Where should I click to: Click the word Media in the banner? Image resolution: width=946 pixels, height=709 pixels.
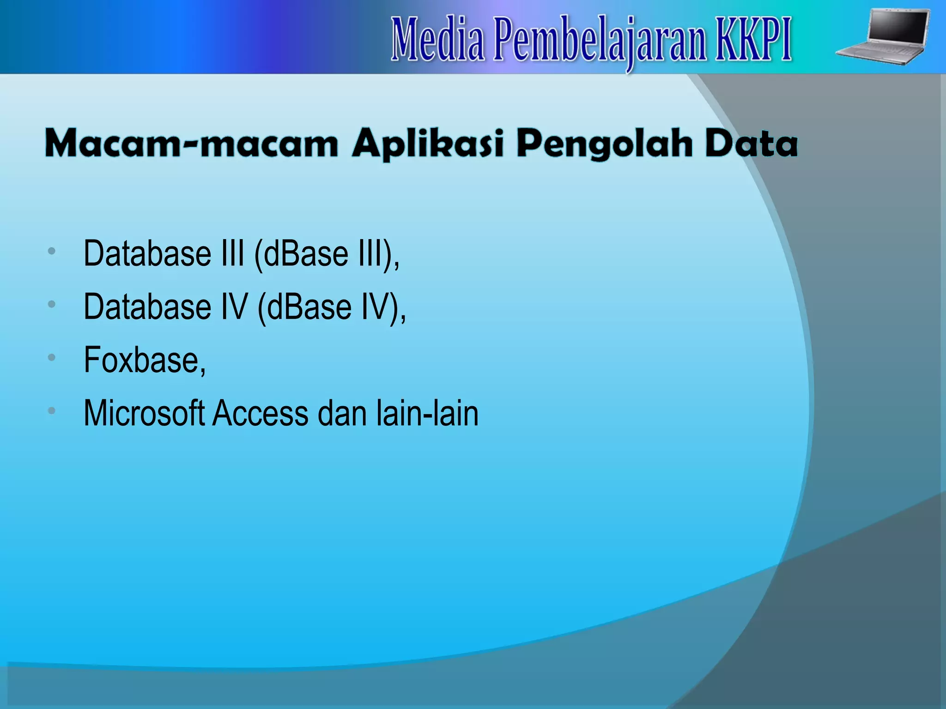[438, 40]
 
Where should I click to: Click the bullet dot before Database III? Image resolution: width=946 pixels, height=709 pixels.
[52, 251]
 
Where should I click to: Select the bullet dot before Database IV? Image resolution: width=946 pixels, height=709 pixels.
[52, 304]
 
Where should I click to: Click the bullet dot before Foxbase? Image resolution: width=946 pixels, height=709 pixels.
[52, 357]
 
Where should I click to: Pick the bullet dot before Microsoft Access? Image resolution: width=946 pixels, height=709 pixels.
[52, 410]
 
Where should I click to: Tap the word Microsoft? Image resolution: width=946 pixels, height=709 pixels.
[144, 413]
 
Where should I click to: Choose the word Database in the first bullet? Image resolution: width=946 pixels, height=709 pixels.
[147, 254]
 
